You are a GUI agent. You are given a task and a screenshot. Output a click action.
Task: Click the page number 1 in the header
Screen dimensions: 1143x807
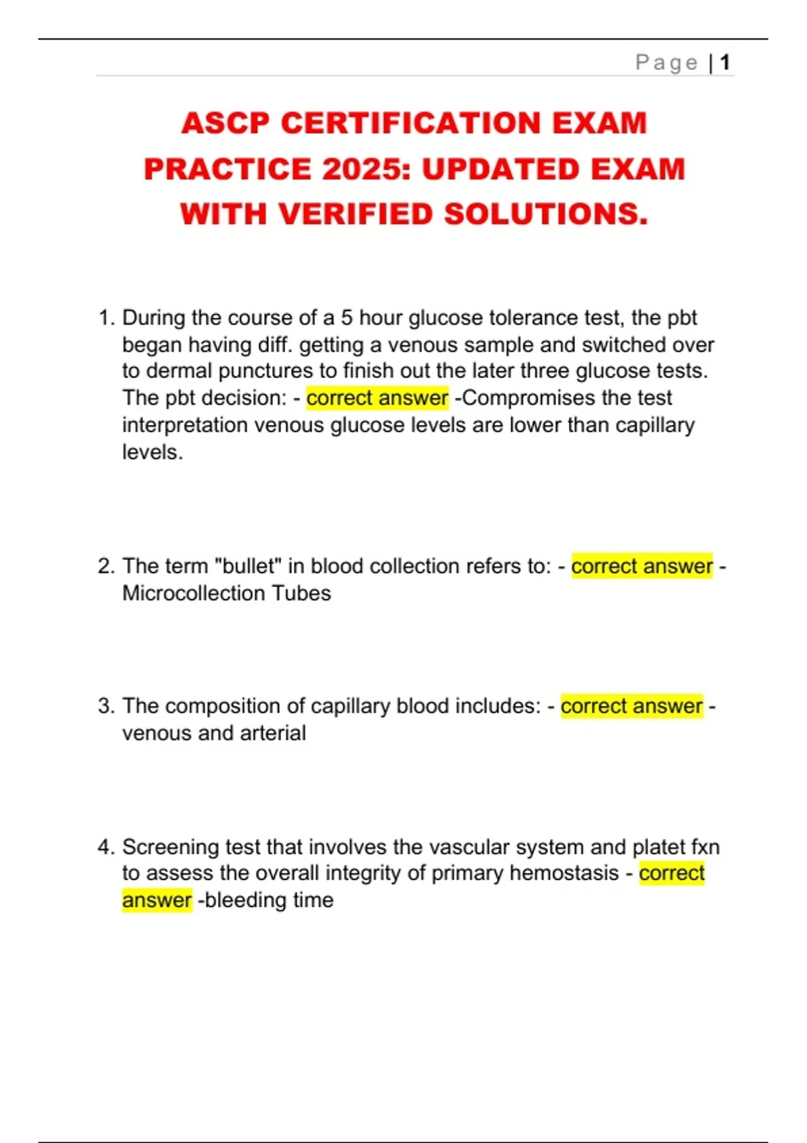725,63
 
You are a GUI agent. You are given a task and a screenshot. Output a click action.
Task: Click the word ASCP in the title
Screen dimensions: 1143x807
225,123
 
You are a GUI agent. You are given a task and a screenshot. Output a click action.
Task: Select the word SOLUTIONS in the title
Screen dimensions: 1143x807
546,214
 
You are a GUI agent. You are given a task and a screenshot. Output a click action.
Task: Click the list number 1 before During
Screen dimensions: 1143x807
106,317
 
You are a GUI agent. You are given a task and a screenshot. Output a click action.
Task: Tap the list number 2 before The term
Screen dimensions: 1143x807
106,566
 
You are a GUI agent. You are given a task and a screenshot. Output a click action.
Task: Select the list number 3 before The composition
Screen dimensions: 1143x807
106,706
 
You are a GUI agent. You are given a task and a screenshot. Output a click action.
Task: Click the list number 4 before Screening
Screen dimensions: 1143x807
106,846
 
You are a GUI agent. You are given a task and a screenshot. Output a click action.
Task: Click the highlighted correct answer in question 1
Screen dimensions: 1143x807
377,398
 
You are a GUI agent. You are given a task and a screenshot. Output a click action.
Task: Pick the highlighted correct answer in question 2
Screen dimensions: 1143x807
642,566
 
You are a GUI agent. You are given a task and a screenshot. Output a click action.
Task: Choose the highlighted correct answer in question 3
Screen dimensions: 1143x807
631,706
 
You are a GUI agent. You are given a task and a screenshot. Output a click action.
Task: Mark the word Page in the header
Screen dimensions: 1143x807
666,63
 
